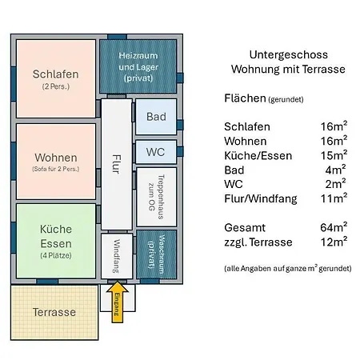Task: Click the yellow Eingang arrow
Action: pos(118,302)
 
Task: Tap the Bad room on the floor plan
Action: pos(156,117)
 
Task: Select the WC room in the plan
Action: pos(156,152)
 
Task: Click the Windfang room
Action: pos(117,256)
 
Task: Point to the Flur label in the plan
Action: pos(117,164)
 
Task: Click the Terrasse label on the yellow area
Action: pos(54,312)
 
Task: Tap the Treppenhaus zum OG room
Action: pos(157,197)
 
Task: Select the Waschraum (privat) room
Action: pos(157,254)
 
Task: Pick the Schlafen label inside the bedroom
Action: pos(55,74)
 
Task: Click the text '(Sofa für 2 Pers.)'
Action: pos(56,169)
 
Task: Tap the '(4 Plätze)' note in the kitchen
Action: pos(56,255)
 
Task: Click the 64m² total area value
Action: pos(334,227)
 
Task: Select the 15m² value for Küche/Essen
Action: pos(334,155)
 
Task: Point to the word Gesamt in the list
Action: pos(245,228)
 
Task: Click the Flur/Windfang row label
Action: pos(261,199)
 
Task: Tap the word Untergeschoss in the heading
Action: pos(289,55)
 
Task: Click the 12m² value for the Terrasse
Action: pos(334,242)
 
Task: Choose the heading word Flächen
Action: pos(245,98)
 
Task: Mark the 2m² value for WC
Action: pos(335,184)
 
